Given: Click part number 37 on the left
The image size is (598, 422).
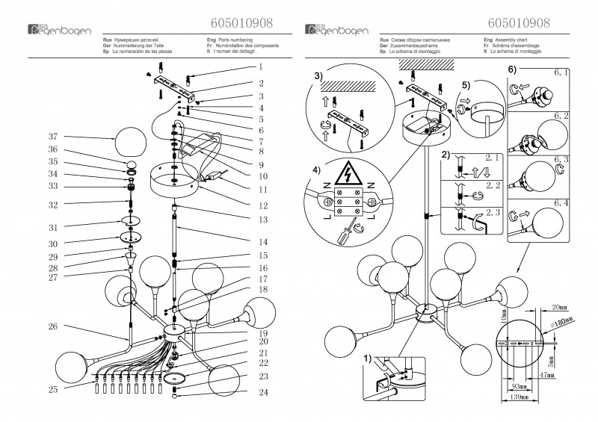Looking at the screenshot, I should point(51,137).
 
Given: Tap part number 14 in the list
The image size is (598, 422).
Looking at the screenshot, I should point(262,243).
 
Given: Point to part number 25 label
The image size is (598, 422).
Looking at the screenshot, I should point(52,390).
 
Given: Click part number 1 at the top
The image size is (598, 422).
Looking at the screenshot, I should point(262,68).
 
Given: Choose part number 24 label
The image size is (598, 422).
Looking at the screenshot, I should point(262,392).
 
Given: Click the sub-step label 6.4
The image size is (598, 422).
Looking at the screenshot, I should point(561,202).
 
